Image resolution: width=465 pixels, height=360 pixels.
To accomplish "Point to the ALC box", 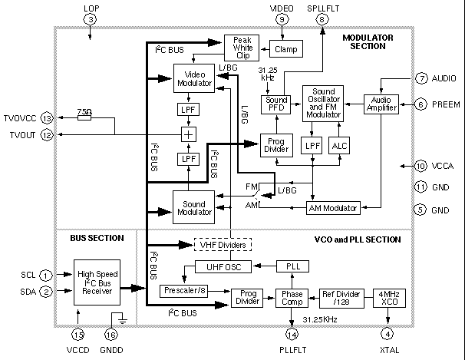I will coord(339,145).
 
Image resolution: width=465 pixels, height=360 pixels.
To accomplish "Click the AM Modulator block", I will coord(333,208).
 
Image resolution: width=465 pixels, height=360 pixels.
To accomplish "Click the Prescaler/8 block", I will coord(184,291).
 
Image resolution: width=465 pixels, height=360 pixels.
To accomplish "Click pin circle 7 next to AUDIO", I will coord(421,78).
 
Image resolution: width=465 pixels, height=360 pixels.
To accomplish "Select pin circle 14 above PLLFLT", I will coord(292,333).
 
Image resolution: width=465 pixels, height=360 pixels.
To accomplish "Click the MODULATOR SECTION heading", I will coord(368,41).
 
